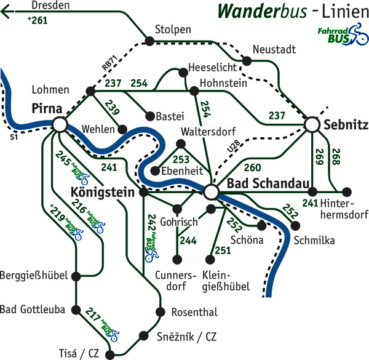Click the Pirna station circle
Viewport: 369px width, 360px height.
[x=60, y=124]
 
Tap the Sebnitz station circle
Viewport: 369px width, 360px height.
[x=312, y=125]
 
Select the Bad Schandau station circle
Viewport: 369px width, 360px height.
[x=212, y=192]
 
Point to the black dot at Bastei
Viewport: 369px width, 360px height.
[x=148, y=114]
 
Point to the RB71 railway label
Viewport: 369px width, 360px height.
[x=109, y=63]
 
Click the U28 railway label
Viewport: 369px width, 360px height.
[x=232, y=146]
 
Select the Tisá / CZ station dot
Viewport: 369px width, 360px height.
[x=111, y=354]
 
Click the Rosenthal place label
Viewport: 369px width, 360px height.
[x=194, y=313]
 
